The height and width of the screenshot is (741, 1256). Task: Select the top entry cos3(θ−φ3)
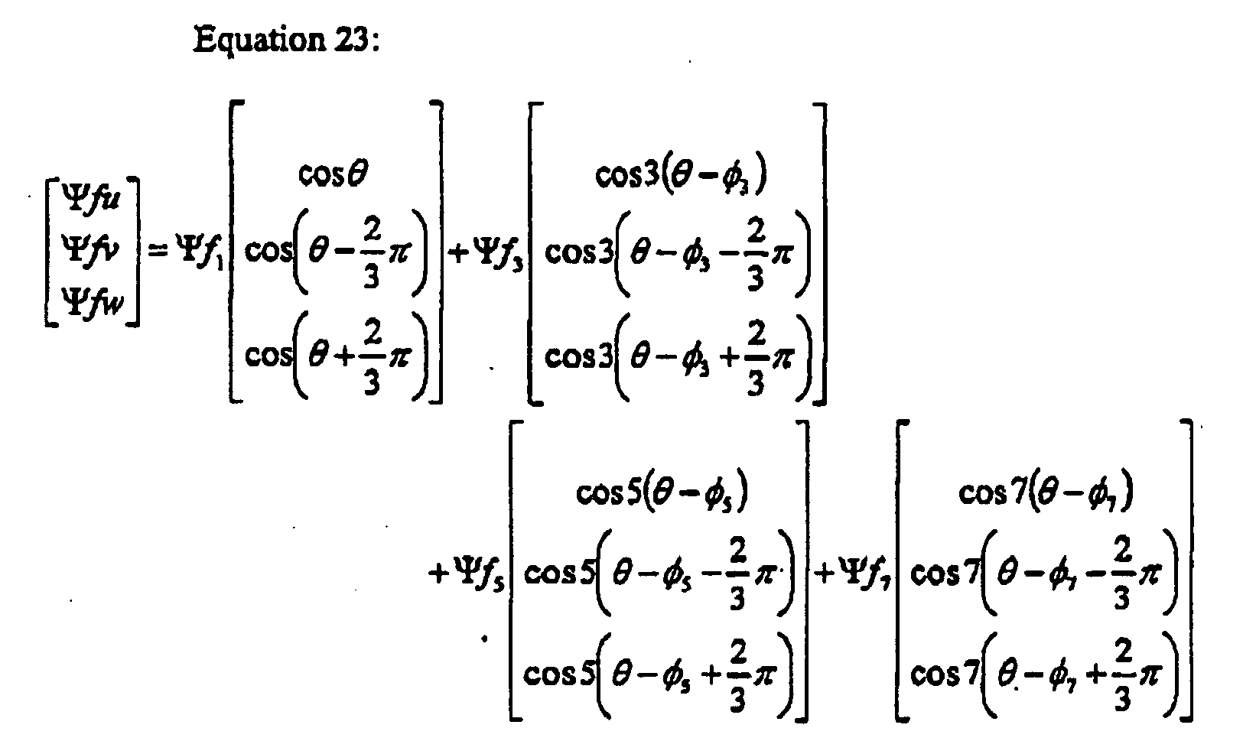tap(681, 176)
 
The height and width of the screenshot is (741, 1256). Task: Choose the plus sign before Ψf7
tap(827, 574)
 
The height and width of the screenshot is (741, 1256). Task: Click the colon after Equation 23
tap(374, 43)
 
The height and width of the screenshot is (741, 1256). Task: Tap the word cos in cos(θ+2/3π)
tap(265, 354)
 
